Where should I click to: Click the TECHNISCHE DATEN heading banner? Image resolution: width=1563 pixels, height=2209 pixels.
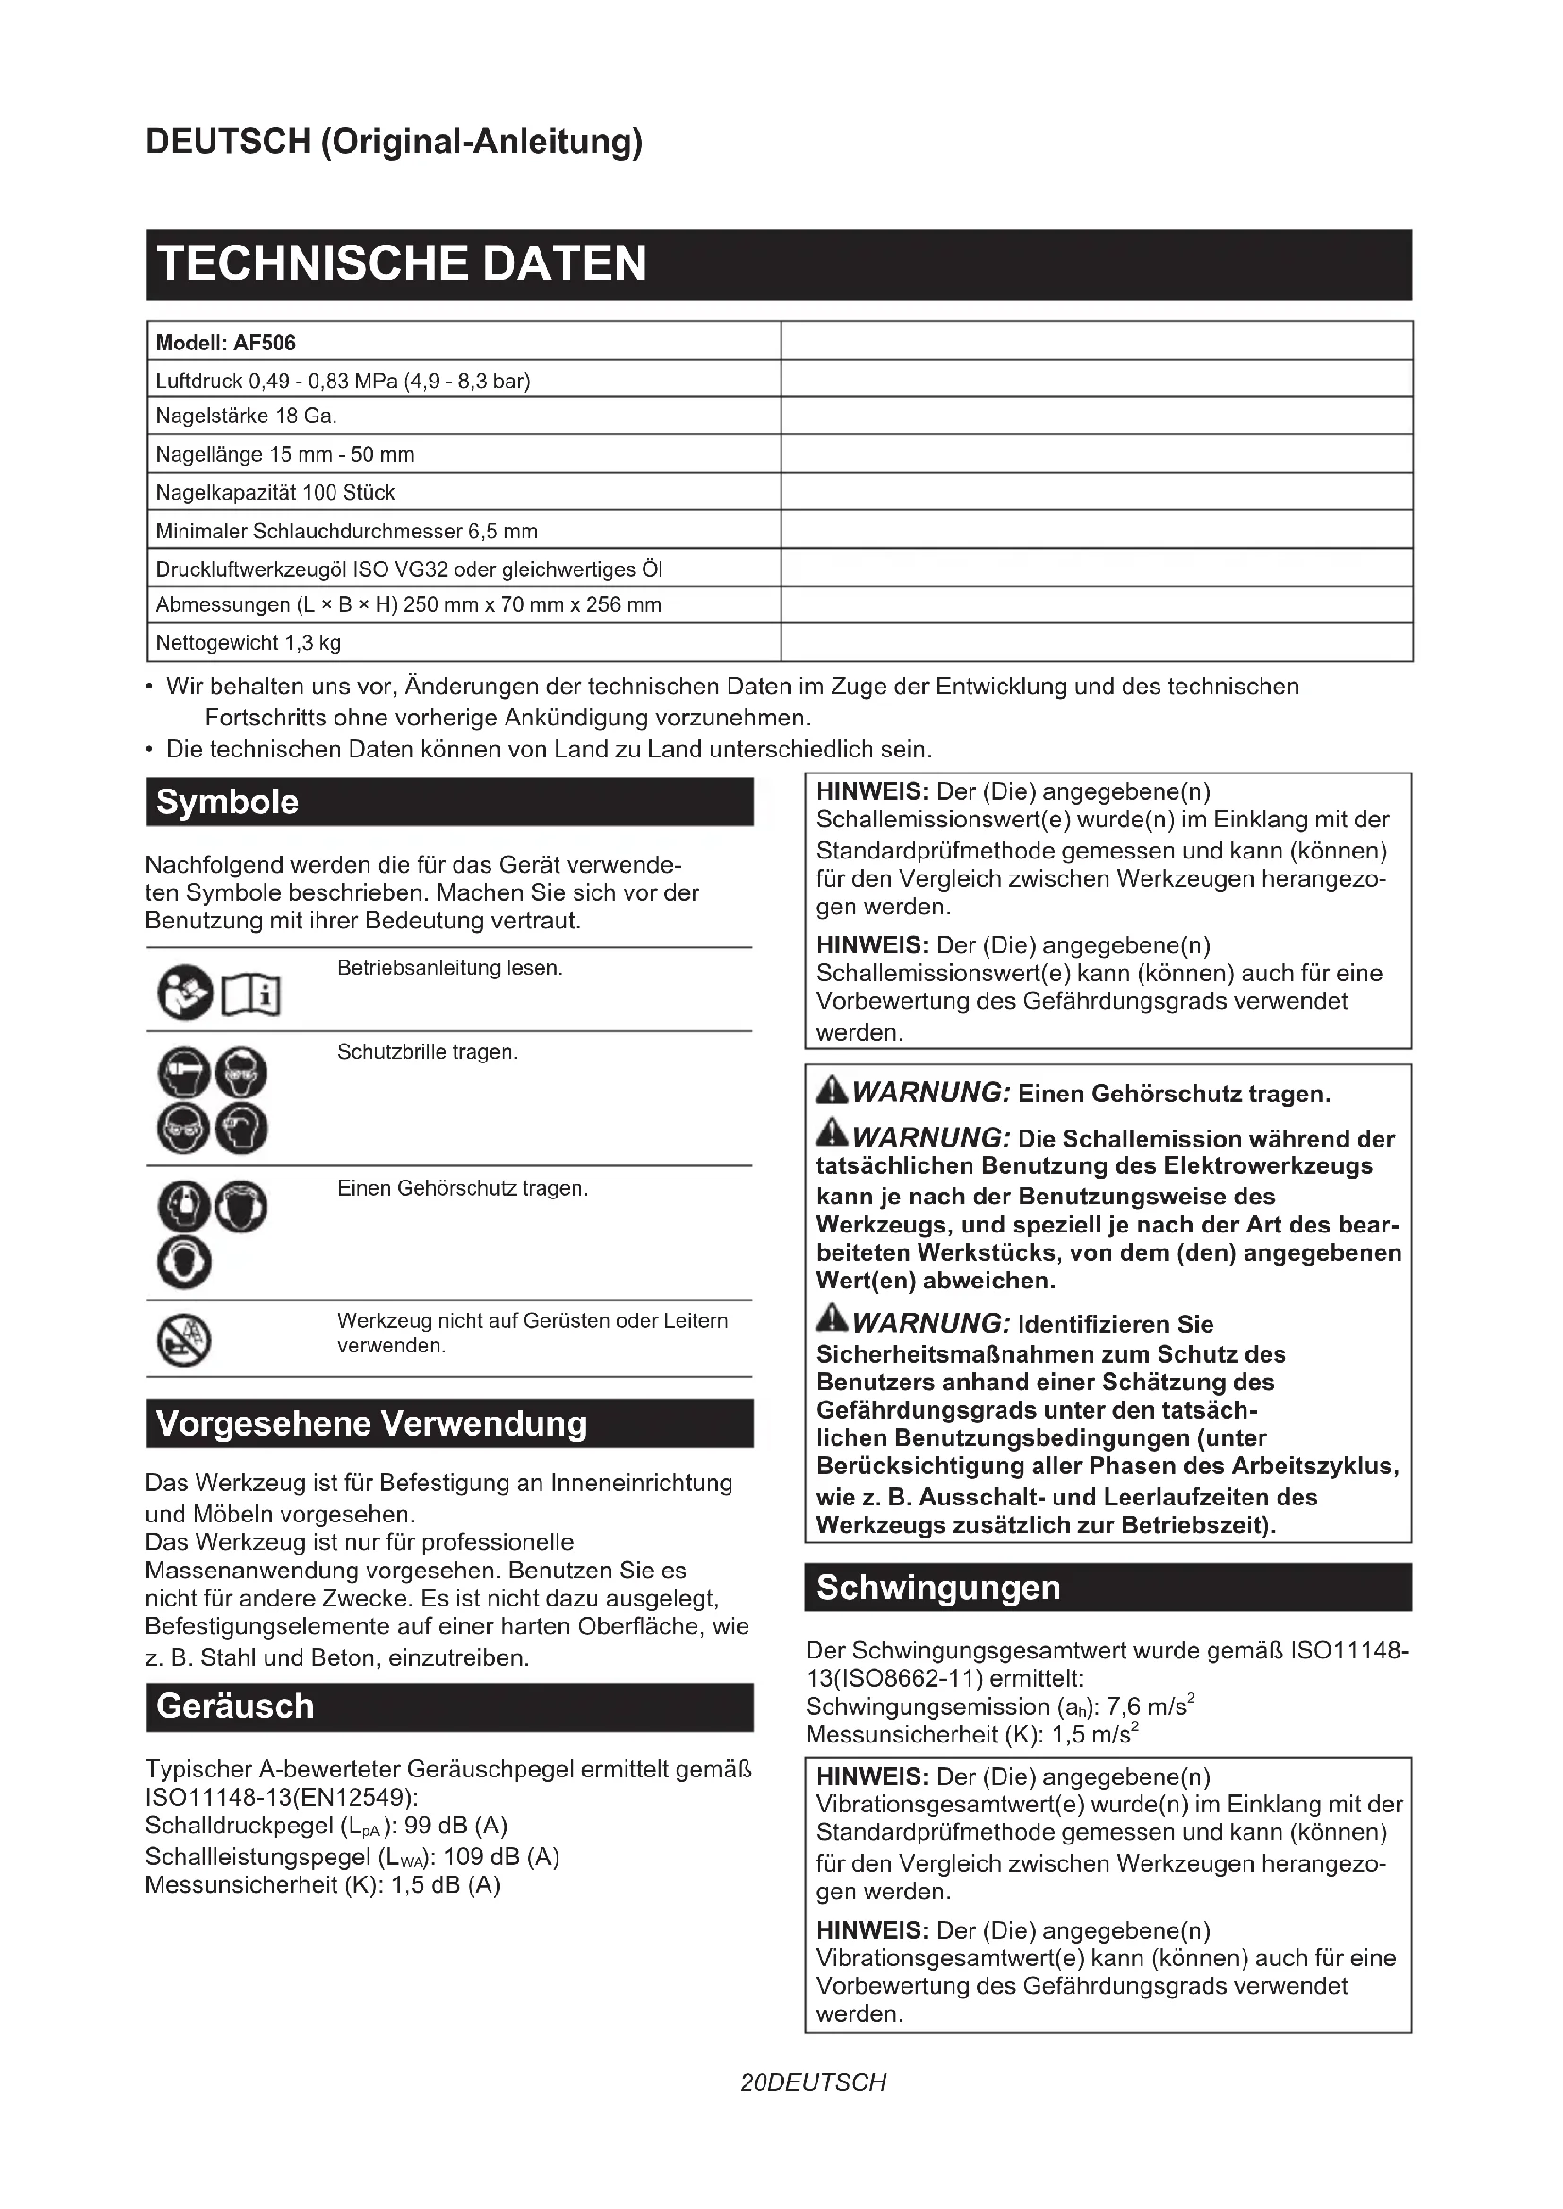(778, 264)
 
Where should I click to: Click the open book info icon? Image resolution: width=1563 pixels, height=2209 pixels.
(252, 994)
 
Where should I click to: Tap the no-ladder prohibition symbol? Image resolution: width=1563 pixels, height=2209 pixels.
(184, 1339)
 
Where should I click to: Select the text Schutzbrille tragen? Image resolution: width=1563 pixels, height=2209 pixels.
(427, 1051)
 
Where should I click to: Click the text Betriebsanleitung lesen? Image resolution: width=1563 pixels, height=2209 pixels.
(450, 968)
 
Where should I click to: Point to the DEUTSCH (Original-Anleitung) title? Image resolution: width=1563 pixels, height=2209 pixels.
(394, 142)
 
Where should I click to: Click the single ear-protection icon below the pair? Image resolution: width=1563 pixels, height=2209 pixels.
(184, 1265)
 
